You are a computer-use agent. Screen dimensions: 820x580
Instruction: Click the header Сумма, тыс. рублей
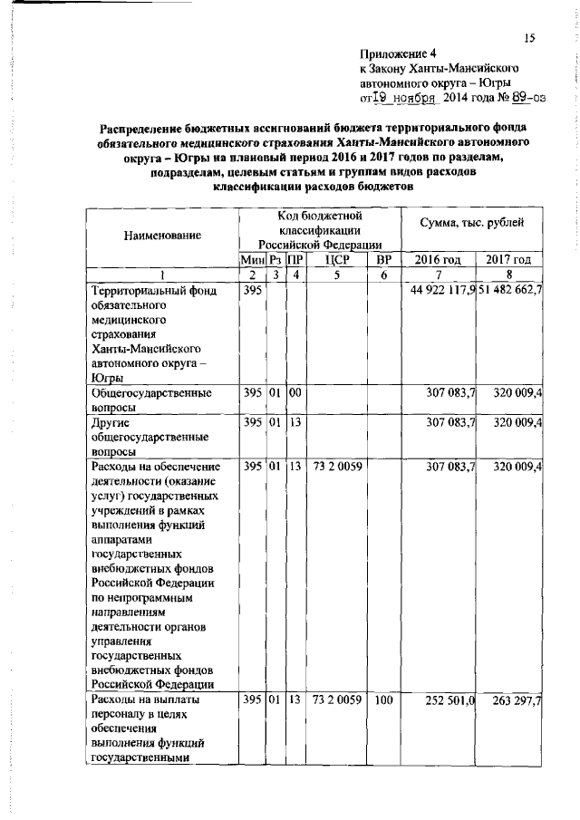tap(472, 223)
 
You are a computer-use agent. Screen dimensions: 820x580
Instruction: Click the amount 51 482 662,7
tap(510, 290)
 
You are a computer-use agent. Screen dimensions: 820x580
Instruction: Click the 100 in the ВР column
tap(383, 700)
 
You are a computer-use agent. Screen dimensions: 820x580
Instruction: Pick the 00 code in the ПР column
tap(295, 394)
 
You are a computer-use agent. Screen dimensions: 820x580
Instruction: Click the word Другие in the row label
tap(111, 423)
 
